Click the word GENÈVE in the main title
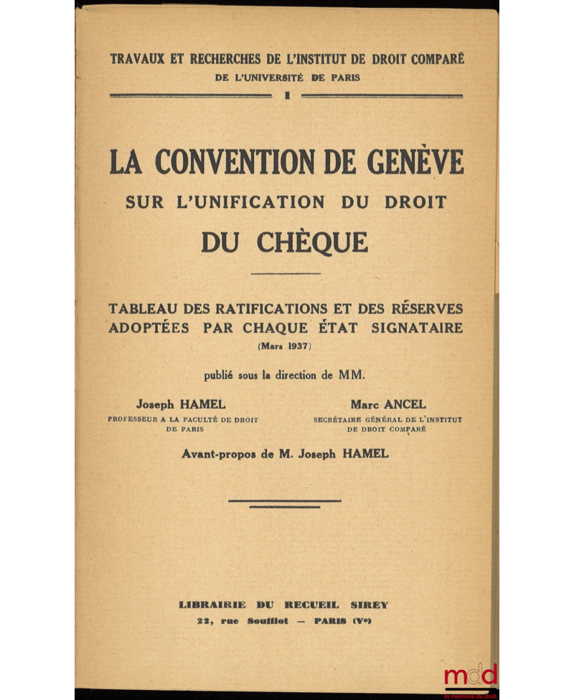pyautogui.click(x=415, y=162)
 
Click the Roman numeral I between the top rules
pyautogui.click(x=287, y=95)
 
